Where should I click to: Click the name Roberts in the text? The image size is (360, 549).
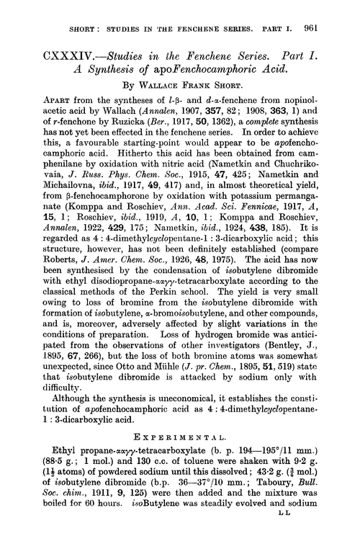47,276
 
